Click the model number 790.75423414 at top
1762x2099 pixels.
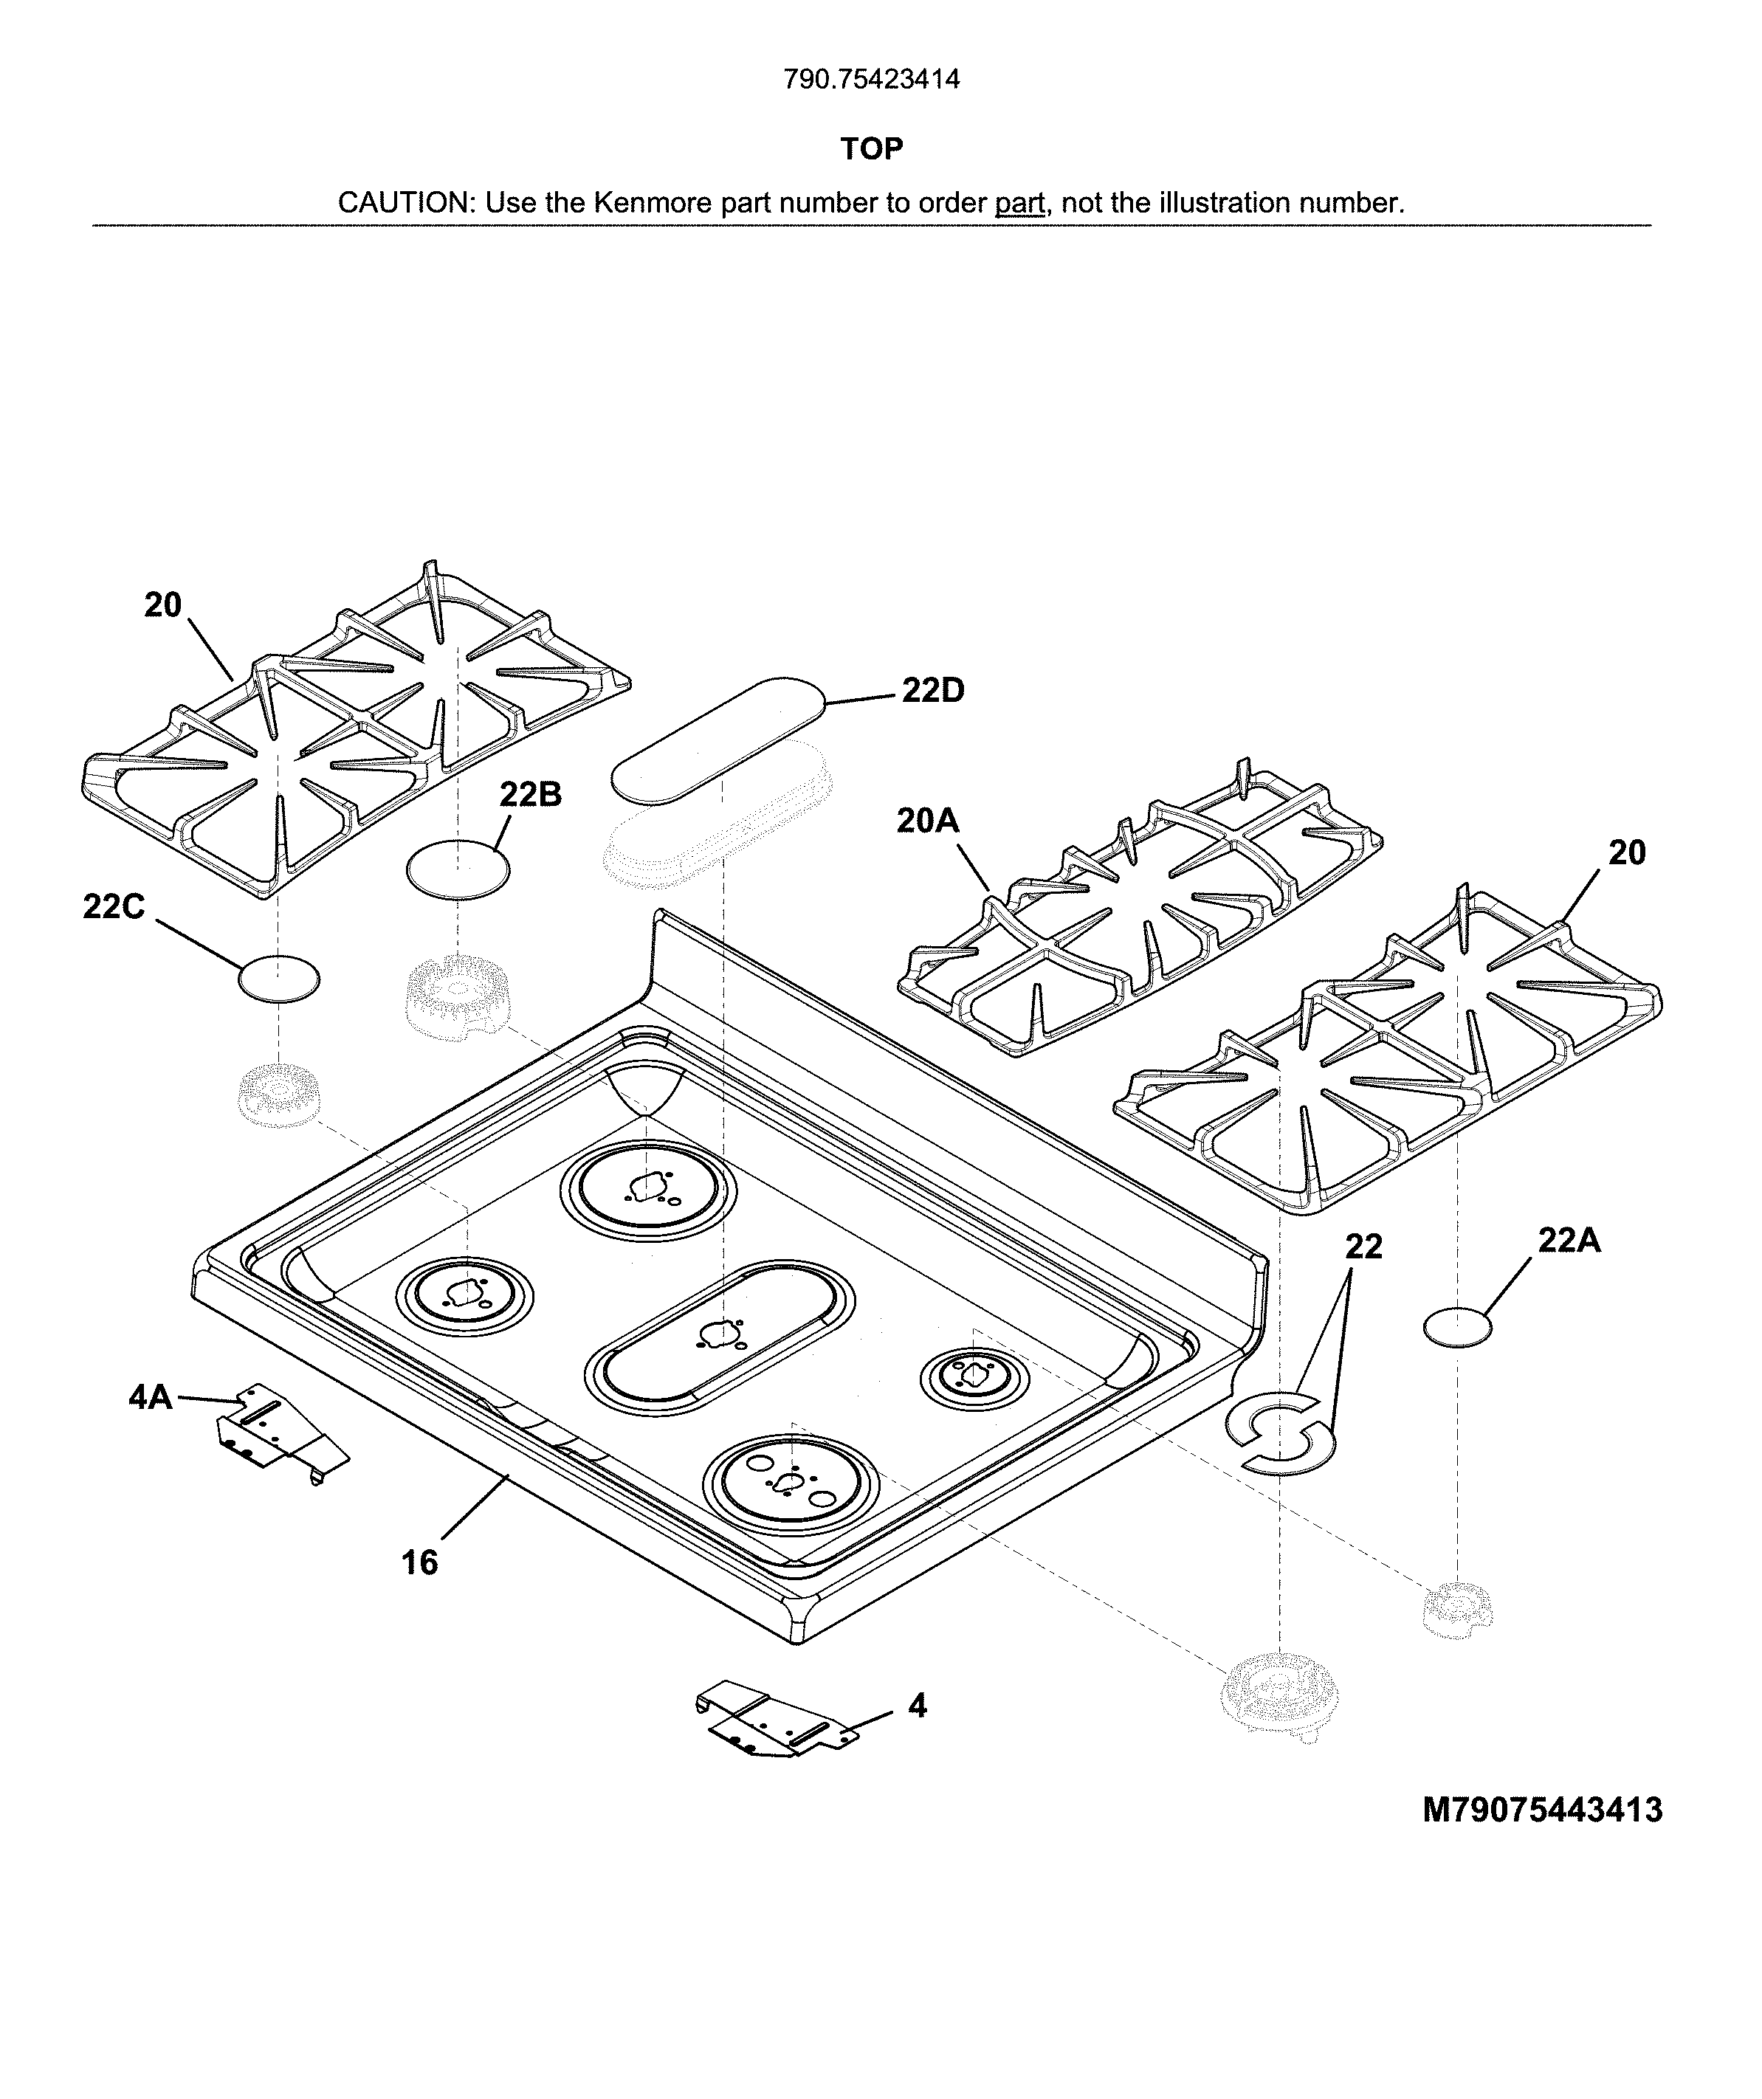(872, 79)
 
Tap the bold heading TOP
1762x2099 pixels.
(872, 149)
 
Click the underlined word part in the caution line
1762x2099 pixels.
(1019, 203)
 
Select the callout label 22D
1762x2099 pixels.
(932, 691)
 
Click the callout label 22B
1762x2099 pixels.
(530, 795)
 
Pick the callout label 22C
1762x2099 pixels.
(113, 906)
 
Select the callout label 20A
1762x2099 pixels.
(927, 821)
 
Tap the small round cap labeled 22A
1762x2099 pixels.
(1456, 1328)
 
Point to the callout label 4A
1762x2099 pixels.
(150, 1396)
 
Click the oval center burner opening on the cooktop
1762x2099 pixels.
(720, 1337)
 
